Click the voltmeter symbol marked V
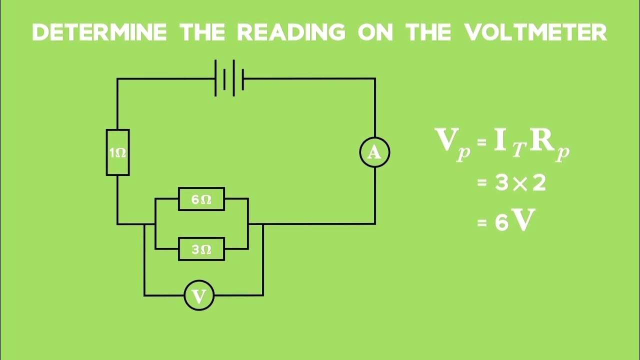pos(199,296)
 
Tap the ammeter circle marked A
pos(374,152)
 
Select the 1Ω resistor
pos(117,152)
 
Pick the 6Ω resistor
pos(201,199)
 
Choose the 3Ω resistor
pos(201,249)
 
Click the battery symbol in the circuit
pos(229,78)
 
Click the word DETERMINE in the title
pos(99,32)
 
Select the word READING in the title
pos(291,32)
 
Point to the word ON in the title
pos(375,32)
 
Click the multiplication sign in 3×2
pos(520,184)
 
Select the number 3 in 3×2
pos(501,183)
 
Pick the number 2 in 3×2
pos(539,183)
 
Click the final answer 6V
pos(512,221)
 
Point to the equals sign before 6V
pos(482,223)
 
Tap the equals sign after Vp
pos(481,142)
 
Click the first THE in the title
pos(202,32)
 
